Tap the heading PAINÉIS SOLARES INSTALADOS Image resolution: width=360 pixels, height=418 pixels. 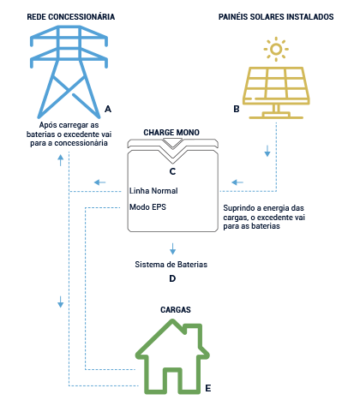(275, 17)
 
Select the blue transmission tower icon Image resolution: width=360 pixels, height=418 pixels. (65, 69)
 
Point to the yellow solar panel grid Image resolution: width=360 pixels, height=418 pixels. (275, 85)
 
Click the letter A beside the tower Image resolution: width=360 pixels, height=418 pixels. (108, 110)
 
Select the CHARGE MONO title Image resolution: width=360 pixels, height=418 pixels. (172, 133)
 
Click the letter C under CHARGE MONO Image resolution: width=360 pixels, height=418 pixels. (172, 171)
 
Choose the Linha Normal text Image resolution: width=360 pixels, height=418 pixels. (153, 190)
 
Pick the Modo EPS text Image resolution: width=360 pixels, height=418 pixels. (147, 207)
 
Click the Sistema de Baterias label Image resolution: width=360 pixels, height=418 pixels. (171, 266)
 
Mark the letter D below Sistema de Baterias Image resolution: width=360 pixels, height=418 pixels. (172, 279)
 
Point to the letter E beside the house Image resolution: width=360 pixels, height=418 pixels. (207, 388)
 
